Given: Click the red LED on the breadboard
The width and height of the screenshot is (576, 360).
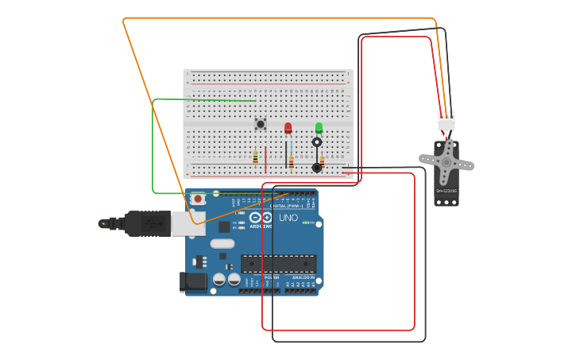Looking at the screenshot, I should point(288,127).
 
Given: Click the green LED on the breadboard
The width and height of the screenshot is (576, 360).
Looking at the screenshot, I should point(319,127).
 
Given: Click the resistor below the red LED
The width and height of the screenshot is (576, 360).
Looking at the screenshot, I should point(291,162).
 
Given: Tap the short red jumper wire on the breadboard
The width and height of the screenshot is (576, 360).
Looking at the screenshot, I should point(265,159).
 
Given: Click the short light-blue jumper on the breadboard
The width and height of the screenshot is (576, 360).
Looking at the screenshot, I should point(291,147).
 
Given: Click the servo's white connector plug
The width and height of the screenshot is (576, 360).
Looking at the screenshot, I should point(446,122).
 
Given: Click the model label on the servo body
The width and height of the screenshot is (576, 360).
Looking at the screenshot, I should point(446,191).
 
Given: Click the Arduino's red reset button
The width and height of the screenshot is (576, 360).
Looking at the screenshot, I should point(197,199).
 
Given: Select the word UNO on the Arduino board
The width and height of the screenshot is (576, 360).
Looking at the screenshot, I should point(288,218).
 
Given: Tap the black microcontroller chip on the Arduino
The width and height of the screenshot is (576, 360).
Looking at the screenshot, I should point(278,264).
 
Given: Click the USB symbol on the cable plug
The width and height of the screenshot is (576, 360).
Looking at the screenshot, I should point(104,224).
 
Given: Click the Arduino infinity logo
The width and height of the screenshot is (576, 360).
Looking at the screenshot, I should point(261,217).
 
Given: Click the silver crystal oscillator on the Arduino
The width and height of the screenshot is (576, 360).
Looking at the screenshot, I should point(222,244).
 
